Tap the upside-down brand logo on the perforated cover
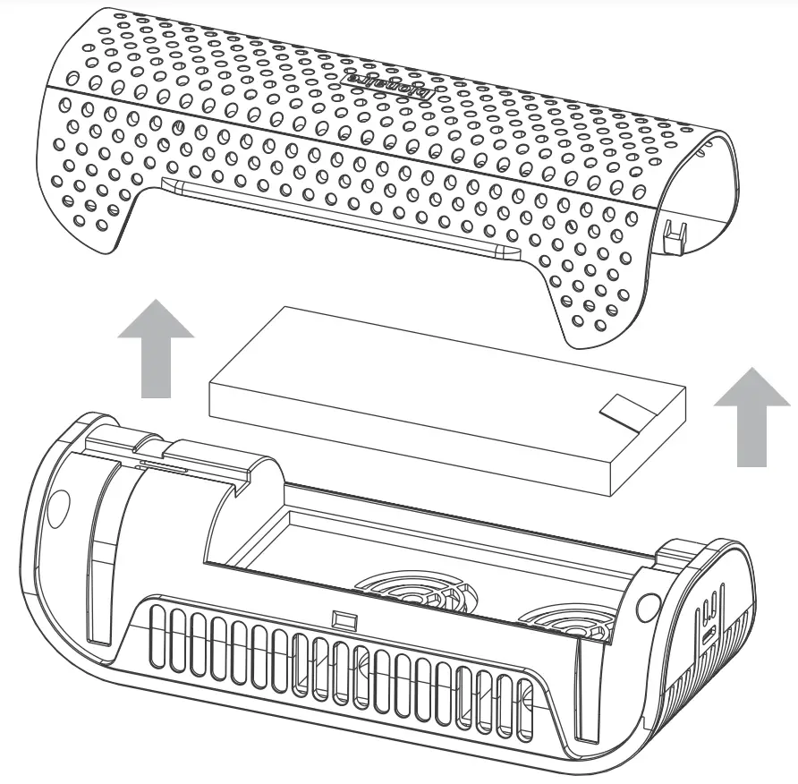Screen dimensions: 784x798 [395, 85]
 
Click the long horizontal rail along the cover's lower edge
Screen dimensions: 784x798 [340, 215]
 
